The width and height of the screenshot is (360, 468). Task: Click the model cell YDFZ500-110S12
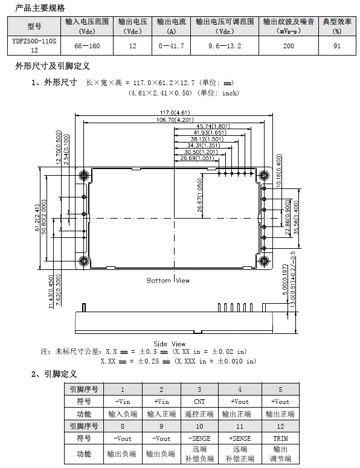(x=34, y=46)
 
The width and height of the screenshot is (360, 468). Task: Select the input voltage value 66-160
(x=87, y=46)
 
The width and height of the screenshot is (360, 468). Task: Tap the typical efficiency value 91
(x=337, y=46)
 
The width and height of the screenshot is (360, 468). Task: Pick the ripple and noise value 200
(x=289, y=46)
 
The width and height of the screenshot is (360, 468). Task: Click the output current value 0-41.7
(x=172, y=46)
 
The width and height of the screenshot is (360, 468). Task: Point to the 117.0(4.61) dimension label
(x=175, y=112)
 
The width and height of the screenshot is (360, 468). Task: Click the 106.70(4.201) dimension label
(x=175, y=120)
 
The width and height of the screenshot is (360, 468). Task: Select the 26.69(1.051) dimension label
(x=198, y=158)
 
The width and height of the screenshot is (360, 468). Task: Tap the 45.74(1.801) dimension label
(x=213, y=126)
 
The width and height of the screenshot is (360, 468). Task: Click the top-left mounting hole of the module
(x=84, y=175)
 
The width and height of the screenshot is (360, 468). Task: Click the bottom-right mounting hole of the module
(x=264, y=261)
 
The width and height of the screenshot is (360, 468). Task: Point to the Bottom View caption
(x=168, y=281)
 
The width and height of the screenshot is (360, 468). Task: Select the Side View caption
(x=170, y=344)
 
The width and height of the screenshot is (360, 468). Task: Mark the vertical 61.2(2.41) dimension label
(x=37, y=218)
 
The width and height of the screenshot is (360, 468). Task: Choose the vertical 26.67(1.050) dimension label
(x=200, y=195)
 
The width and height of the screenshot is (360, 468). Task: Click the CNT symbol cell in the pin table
(x=199, y=402)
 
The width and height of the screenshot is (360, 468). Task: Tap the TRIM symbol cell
(x=281, y=438)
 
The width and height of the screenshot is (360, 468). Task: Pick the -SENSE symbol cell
(x=199, y=438)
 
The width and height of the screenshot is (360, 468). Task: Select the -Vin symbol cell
(x=123, y=402)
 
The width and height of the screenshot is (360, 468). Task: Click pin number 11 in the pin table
(x=240, y=426)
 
